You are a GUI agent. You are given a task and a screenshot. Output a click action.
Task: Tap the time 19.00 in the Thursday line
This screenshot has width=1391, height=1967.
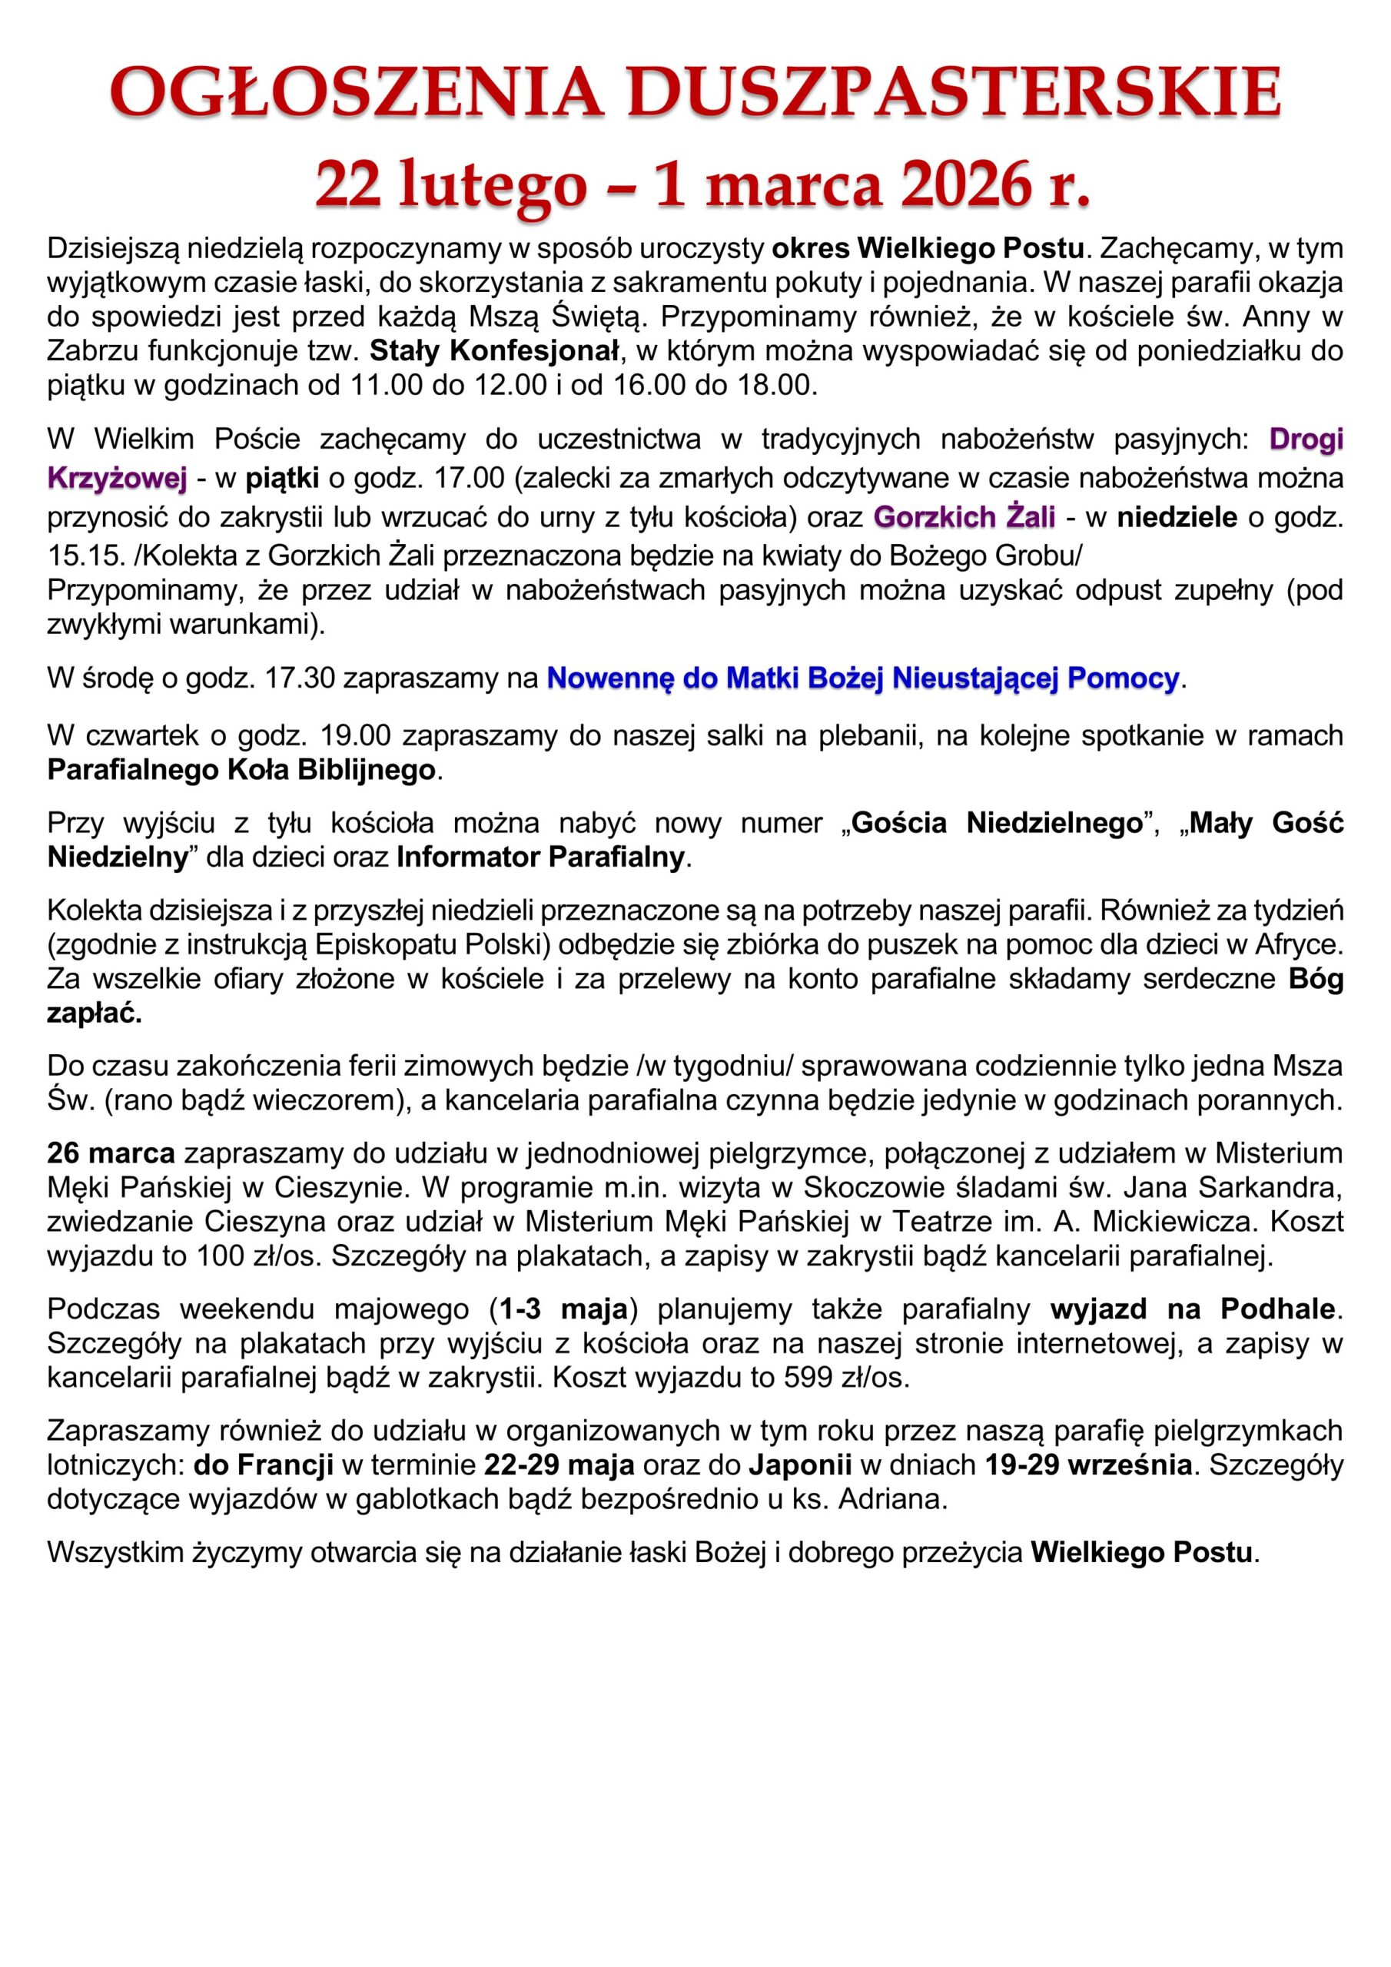(x=355, y=735)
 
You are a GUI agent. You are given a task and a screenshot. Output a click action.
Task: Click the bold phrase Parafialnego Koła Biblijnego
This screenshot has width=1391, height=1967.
(x=241, y=769)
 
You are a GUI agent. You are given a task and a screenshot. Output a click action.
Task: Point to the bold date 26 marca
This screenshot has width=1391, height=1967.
(x=111, y=1153)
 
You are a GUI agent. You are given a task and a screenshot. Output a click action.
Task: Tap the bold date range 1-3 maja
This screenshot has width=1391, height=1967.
(x=564, y=1309)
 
